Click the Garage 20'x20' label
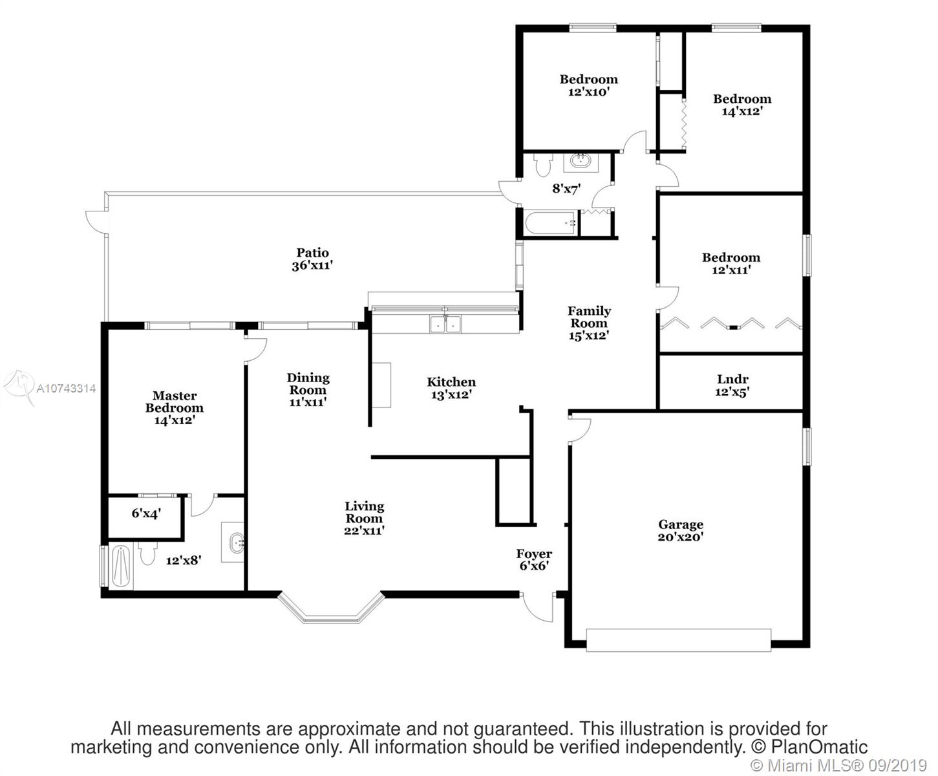click(681, 531)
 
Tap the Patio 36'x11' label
click(312, 259)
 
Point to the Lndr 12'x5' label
click(732, 385)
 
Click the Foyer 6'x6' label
click(534, 559)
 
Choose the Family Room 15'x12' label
click(589, 323)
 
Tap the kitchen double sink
click(445, 323)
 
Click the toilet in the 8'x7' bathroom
click(543, 164)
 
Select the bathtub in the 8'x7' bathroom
click(551, 223)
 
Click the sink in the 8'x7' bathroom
click(581, 162)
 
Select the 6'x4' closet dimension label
click(146, 513)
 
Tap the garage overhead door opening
click(678, 640)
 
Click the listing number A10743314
click(66, 388)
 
